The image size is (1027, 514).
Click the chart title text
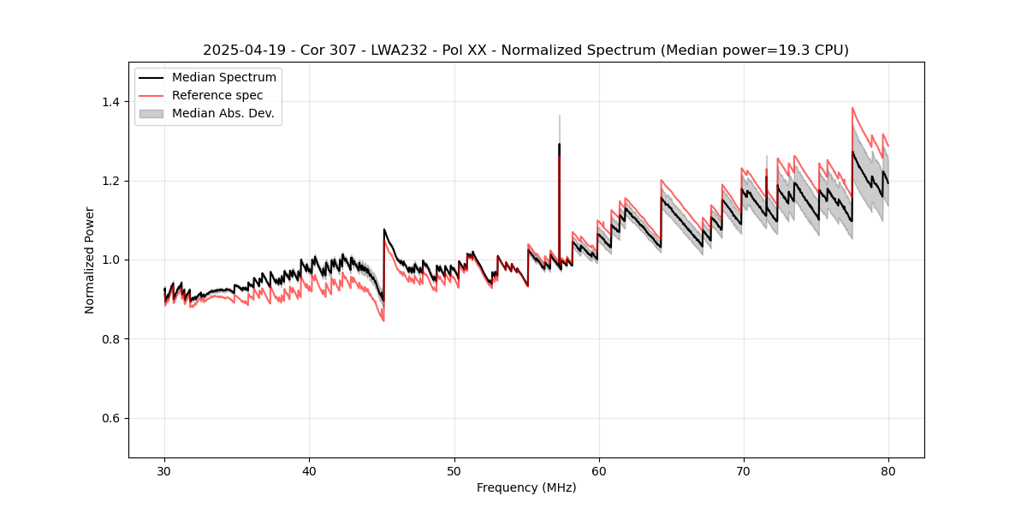525,51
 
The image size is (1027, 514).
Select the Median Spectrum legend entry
223,78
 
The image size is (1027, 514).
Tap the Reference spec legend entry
217,95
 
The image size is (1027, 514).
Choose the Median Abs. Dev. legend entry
223,113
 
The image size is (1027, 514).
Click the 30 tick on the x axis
165,471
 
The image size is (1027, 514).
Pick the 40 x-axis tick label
310,471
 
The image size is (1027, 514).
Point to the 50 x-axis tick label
454,471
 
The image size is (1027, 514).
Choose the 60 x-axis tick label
599,471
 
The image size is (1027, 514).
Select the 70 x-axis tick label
744,471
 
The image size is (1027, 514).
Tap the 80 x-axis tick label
888,471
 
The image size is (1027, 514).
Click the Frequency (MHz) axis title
526,487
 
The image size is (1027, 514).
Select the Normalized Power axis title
90,260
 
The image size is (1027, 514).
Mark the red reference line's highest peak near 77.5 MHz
852,108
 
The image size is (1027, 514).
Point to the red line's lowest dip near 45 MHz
383,320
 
